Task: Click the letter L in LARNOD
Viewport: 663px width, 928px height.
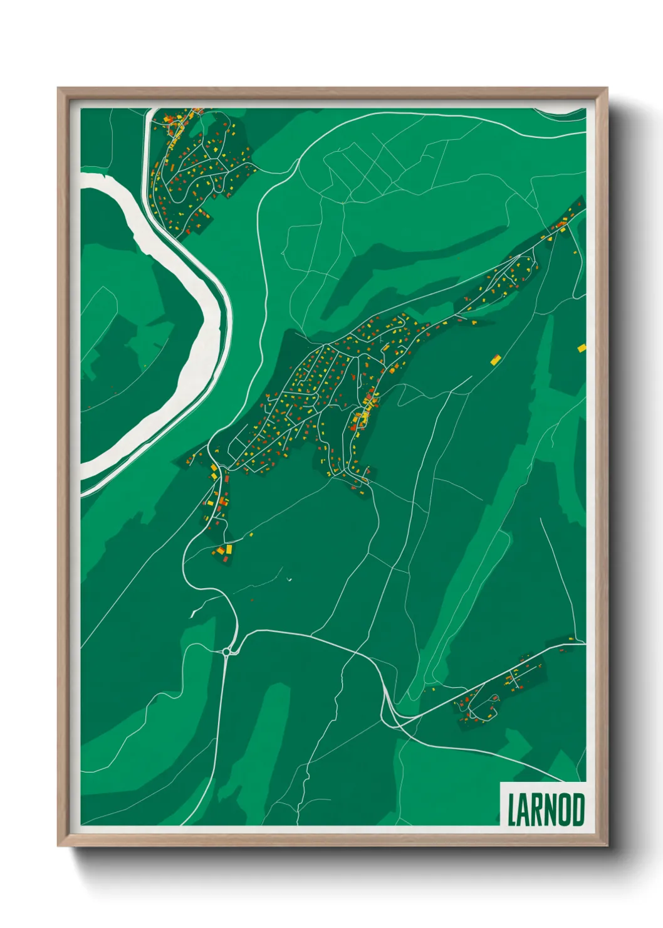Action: [x=511, y=809]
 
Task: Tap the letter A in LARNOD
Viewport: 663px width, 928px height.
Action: [x=523, y=809]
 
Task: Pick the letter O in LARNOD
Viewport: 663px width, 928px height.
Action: [x=565, y=809]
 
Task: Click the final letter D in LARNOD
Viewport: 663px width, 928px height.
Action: [x=578, y=809]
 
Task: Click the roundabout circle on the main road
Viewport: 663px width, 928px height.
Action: [x=226, y=652]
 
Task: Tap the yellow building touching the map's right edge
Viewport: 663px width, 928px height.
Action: [x=582, y=347]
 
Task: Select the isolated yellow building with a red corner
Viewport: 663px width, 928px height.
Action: [x=496, y=359]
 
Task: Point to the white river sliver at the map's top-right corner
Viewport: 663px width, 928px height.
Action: [x=561, y=112]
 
